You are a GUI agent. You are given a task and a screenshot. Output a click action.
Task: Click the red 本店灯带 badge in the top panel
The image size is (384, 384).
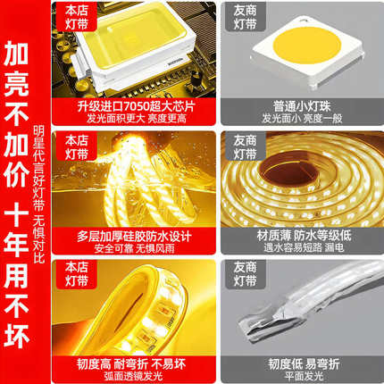click(x=71, y=22)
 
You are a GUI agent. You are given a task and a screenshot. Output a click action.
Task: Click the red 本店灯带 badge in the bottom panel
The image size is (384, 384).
click(x=71, y=276)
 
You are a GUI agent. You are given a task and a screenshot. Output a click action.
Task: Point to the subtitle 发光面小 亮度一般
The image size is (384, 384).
click(x=303, y=119)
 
